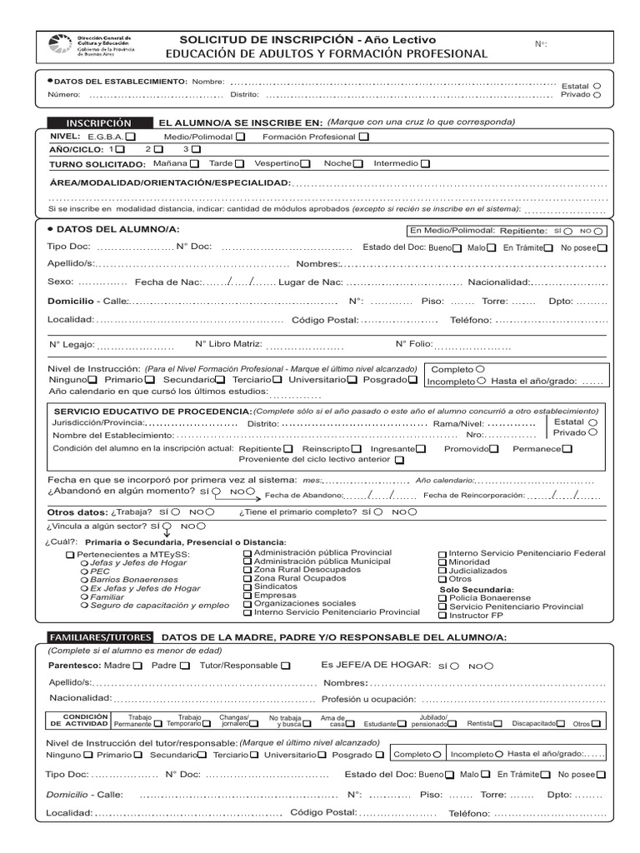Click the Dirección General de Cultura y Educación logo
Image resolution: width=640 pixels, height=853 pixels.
[60, 45]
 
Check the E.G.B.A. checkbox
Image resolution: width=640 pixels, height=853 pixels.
[132, 137]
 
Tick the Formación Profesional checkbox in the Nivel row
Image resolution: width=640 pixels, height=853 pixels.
[364, 137]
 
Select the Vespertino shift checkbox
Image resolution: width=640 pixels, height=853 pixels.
[306, 164]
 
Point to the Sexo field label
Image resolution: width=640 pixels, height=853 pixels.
[60, 282]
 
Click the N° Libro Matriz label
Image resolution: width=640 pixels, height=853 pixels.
[228, 343]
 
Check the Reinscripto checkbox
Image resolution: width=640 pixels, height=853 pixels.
[356, 448]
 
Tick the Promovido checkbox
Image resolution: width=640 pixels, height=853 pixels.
[494, 448]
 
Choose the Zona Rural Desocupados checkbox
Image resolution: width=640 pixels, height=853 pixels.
[247, 570]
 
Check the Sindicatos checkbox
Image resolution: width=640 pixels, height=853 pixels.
[247, 587]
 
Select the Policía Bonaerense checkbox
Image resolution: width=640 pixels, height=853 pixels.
[442, 598]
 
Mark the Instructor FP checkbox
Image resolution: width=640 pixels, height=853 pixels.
[442, 616]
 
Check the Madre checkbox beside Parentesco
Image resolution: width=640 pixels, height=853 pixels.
[137, 666]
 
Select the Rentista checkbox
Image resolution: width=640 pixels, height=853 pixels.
[497, 724]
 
